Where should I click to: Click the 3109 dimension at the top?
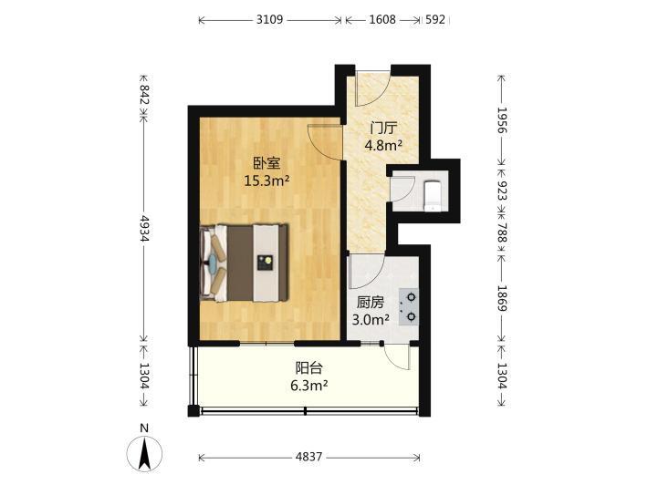[x=269, y=19]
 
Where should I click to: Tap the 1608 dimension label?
[x=382, y=19]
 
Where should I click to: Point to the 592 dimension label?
[x=435, y=19]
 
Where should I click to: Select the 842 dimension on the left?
[x=144, y=95]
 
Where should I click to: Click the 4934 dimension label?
[x=144, y=228]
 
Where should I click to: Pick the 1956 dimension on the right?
[x=502, y=120]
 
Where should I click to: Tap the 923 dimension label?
[x=502, y=191]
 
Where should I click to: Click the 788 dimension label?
[x=502, y=232]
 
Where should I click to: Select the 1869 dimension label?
[x=502, y=298]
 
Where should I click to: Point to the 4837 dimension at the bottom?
[x=309, y=457]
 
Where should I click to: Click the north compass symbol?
[x=144, y=450]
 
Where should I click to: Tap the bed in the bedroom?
[x=244, y=263]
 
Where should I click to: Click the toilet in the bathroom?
[x=433, y=195]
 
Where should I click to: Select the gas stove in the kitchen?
[x=408, y=307]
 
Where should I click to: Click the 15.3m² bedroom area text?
[x=267, y=181]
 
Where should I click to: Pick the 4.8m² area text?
[x=383, y=145]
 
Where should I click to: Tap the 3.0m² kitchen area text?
[x=371, y=320]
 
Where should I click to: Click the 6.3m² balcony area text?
[x=309, y=386]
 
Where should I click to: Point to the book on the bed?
[x=265, y=263]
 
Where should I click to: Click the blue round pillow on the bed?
[x=213, y=263]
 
